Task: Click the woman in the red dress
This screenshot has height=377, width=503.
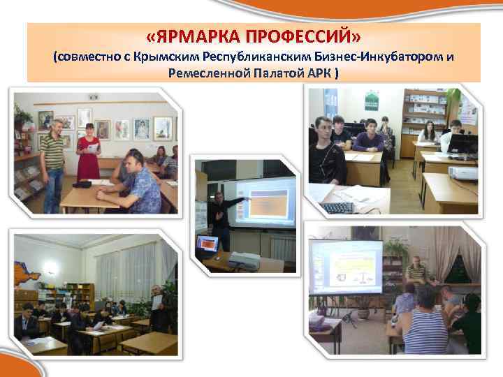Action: tap(89, 157)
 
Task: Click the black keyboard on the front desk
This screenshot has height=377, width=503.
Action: tap(338, 207)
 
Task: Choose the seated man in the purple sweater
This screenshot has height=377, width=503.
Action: tap(368, 140)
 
